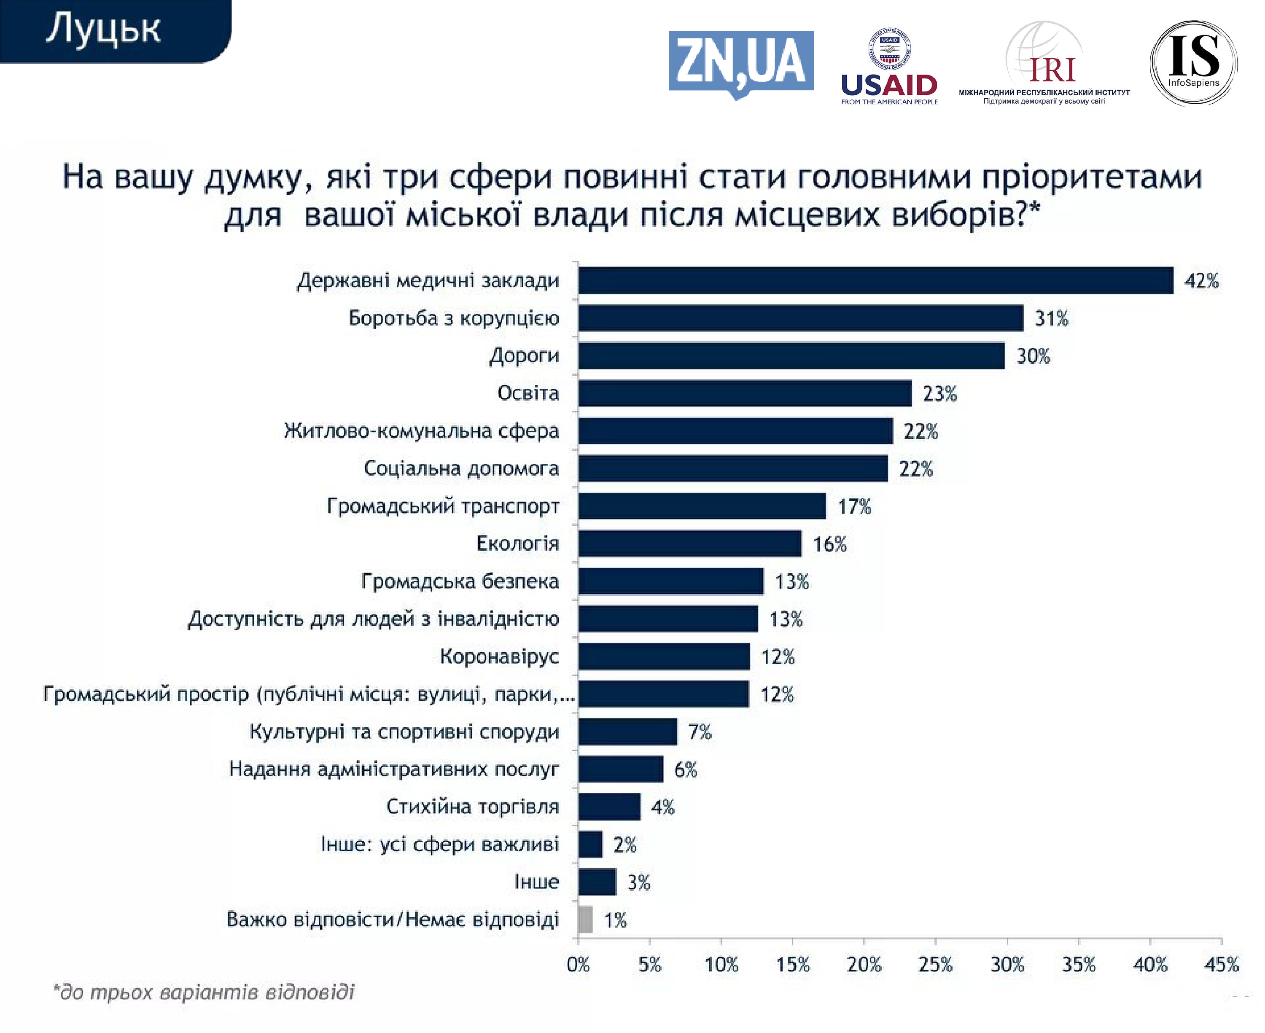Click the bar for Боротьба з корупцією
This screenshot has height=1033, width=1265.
coord(800,318)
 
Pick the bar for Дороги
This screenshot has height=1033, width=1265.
coord(791,355)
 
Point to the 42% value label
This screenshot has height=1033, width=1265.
coord(1201,281)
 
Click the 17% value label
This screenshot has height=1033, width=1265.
coord(854,506)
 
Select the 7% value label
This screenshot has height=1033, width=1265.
coord(700,732)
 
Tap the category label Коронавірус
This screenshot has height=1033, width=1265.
coord(499,656)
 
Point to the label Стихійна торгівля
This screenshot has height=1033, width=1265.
coord(472,807)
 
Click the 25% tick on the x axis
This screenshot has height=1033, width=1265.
coord(935,964)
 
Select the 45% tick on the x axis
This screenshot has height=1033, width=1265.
coord(1221,964)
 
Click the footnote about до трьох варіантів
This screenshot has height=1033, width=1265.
coord(204,992)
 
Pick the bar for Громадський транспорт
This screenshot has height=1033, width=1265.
coord(702,506)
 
